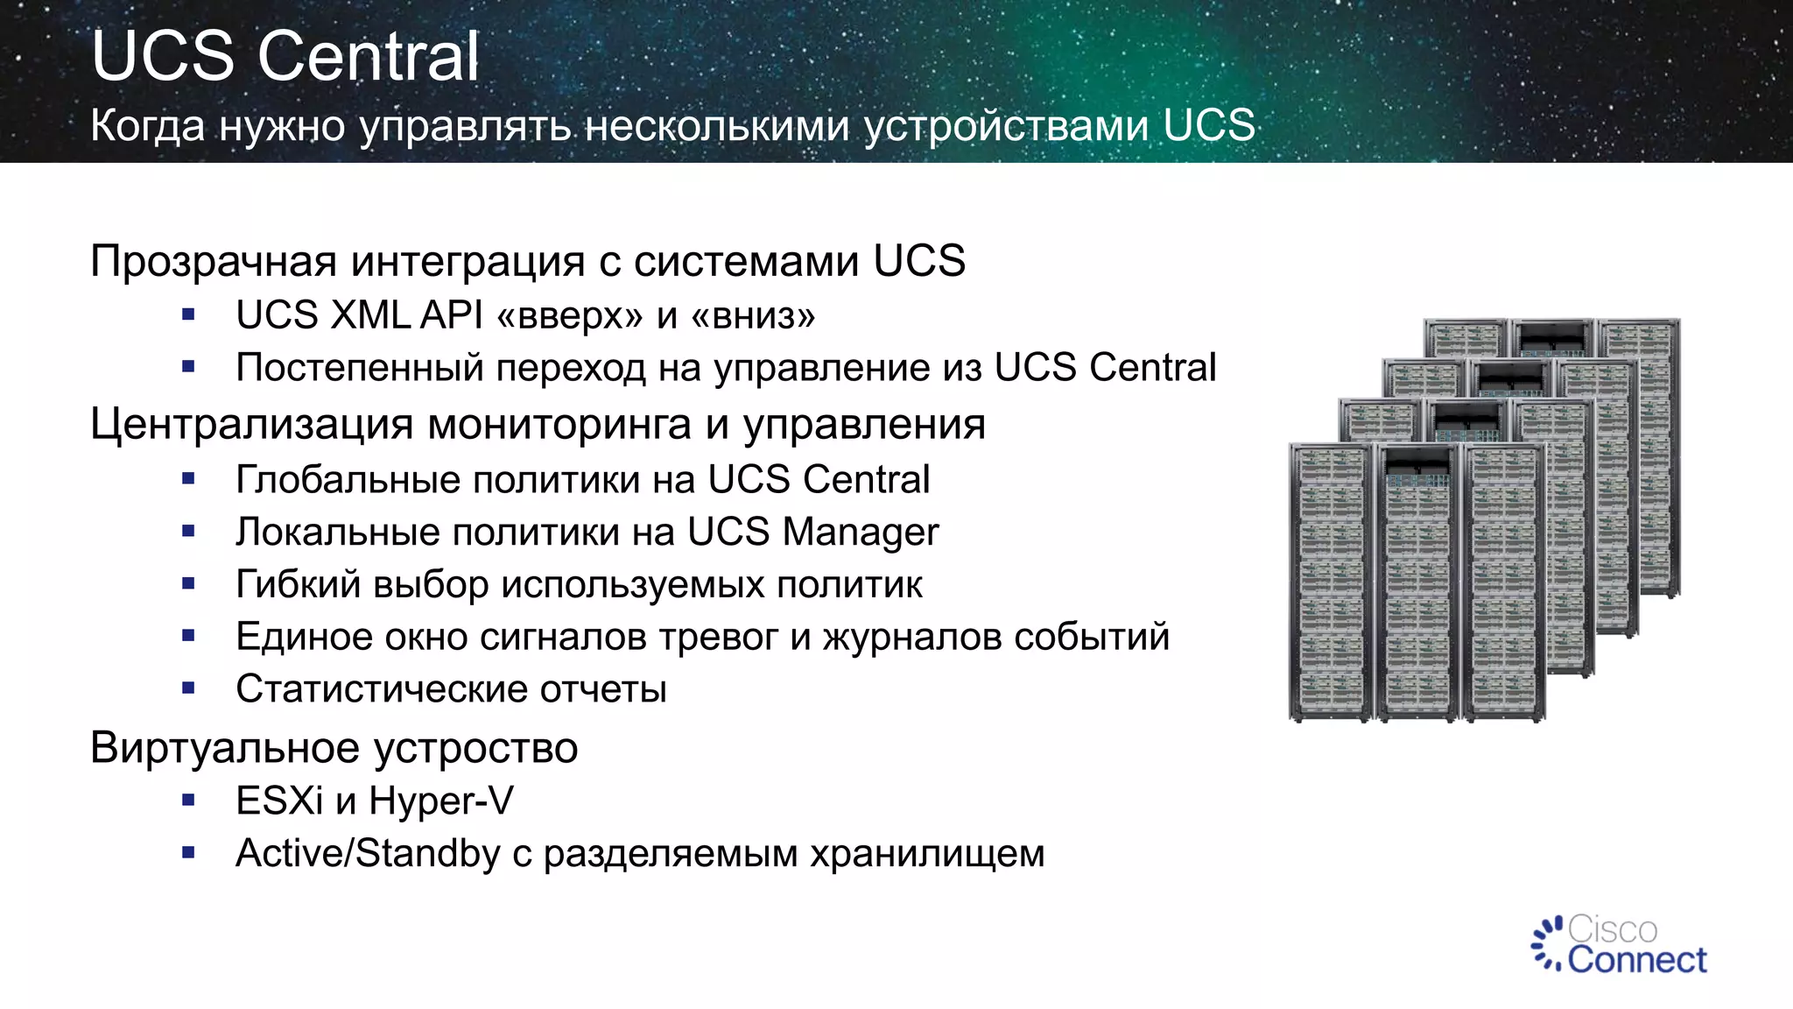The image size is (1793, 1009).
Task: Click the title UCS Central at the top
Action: (285, 56)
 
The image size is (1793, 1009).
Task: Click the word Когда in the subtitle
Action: (147, 125)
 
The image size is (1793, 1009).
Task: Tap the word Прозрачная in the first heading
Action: (214, 261)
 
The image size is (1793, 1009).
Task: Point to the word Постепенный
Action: (359, 368)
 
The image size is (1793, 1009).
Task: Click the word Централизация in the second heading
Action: (251, 425)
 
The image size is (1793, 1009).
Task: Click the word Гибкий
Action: (298, 585)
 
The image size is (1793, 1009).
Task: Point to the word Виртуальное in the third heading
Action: (225, 748)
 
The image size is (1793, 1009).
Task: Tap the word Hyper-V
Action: (441, 801)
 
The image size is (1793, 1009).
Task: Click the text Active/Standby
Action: (368, 853)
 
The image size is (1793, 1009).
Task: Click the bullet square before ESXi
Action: (188, 800)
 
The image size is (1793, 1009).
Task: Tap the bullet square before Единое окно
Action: (188, 636)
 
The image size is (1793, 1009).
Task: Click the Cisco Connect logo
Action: (1620, 945)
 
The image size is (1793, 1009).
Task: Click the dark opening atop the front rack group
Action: (1417, 464)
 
